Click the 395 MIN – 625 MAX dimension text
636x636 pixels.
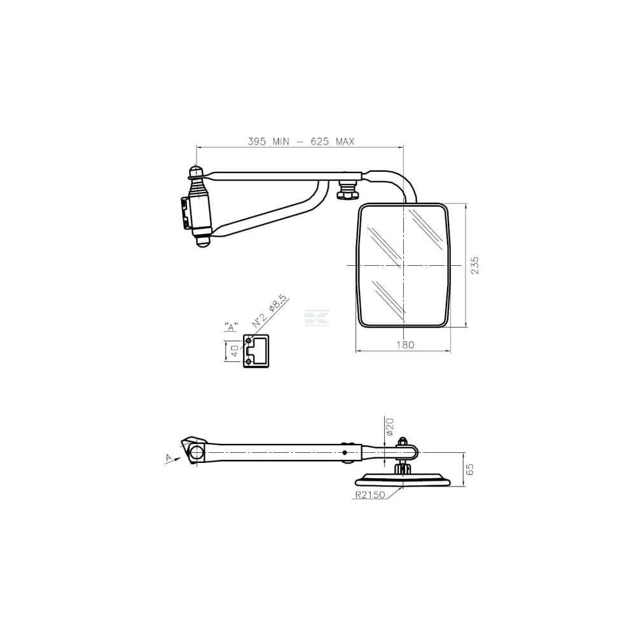(x=301, y=141)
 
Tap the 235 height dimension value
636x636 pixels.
(x=475, y=265)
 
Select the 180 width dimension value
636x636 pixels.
(x=405, y=345)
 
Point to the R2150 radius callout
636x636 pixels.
(x=370, y=495)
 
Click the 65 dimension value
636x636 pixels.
(x=470, y=470)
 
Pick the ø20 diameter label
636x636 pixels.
(x=390, y=427)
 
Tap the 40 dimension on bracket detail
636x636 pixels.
(x=235, y=351)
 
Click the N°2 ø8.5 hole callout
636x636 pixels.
(x=270, y=312)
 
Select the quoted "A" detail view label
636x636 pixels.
(x=232, y=327)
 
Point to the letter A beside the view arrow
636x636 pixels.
(x=169, y=457)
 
